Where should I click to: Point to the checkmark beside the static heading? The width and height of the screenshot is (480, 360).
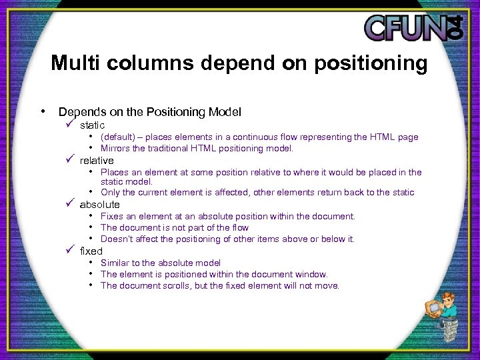69,125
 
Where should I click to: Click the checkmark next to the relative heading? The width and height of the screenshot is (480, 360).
69,160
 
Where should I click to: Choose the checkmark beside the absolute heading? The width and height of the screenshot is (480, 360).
69,204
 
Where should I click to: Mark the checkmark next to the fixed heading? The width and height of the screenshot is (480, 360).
69,251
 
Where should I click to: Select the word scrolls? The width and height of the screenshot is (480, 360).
177,285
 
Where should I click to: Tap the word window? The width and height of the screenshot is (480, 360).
311,274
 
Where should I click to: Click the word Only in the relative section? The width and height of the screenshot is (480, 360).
110,192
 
